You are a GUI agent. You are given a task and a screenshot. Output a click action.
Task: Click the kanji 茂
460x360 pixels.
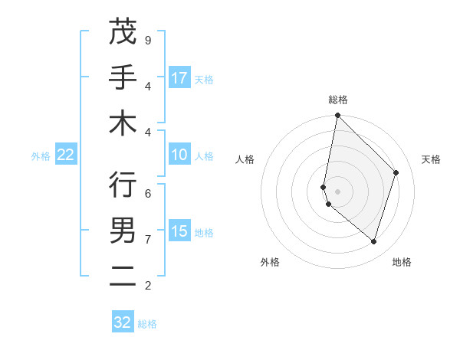click(123, 32)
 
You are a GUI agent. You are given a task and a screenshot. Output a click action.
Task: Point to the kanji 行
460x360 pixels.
click(123, 185)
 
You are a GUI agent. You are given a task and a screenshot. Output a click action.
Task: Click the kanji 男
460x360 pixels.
click(123, 230)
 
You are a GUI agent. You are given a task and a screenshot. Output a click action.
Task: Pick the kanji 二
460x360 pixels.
click(123, 276)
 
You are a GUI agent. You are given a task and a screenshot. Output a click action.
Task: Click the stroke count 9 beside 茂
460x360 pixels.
click(148, 40)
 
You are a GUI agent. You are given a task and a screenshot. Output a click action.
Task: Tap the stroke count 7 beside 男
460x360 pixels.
click(148, 239)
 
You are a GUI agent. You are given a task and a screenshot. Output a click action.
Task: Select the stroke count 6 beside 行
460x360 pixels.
click(148, 193)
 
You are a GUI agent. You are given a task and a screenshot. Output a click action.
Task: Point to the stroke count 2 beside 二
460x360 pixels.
click(148, 285)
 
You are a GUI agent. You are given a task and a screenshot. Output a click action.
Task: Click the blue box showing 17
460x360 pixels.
click(179, 78)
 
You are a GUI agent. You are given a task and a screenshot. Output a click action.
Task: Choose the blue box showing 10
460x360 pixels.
click(179, 155)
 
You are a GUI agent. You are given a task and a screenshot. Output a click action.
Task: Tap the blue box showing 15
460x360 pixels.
click(179, 231)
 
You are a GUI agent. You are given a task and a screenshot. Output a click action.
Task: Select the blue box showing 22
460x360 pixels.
click(65, 155)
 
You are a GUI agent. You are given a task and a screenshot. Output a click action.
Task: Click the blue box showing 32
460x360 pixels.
click(123, 322)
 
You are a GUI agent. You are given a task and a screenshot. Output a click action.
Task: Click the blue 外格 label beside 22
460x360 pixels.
click(41, 156)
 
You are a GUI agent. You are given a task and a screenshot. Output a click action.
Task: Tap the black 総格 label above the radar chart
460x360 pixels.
click(337, 100)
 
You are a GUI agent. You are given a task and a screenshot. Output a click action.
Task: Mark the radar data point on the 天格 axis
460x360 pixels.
click(396, 172)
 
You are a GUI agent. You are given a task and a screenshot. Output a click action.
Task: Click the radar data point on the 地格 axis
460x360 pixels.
click(373, 241)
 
